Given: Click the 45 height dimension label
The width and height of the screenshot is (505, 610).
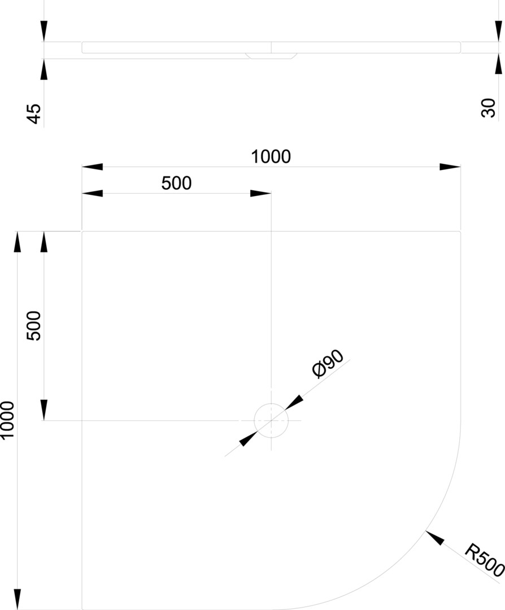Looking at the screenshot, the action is click(x=34, y=114).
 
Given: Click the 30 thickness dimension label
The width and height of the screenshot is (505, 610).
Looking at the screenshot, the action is click(x=489, y=108).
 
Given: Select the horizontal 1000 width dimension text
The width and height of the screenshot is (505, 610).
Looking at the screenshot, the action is click(x=271, y=157).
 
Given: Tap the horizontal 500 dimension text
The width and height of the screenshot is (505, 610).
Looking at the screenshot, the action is click(x=177, y=183).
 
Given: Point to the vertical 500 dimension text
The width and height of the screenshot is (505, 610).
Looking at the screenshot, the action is click(x=34, y=326).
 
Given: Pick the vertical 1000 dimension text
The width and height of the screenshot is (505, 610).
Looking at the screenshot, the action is click(x=7, y=421).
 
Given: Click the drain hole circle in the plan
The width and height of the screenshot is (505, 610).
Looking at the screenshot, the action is click(x=271, y=404).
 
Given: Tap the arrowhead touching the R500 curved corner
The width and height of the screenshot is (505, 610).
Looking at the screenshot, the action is click(x=434, y=537).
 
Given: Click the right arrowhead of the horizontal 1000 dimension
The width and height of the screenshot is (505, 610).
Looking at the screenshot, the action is click(x=450, y=167).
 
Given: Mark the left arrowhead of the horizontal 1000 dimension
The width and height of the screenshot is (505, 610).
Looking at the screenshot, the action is click(x=92, y=167).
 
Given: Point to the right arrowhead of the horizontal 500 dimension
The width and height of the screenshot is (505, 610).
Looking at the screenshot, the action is click(x=260, y=193).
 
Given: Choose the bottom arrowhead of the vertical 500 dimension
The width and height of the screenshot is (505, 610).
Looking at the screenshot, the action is click(x=44, y=410).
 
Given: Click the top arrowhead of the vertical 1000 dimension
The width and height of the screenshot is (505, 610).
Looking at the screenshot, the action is click(x=17, y=242).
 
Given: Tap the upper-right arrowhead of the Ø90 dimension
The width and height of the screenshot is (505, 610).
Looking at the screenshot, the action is click(x=294, y=403).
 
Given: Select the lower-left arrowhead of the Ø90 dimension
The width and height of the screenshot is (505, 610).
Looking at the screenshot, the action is click(x=248, y=439).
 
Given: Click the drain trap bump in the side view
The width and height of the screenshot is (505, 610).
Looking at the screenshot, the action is click(x=271, y=56).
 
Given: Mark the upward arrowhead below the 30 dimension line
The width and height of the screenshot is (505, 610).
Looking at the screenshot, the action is click(x=498, y=63).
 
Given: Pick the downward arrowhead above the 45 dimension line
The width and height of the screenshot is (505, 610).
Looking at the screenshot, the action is click(x=44, y=31).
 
